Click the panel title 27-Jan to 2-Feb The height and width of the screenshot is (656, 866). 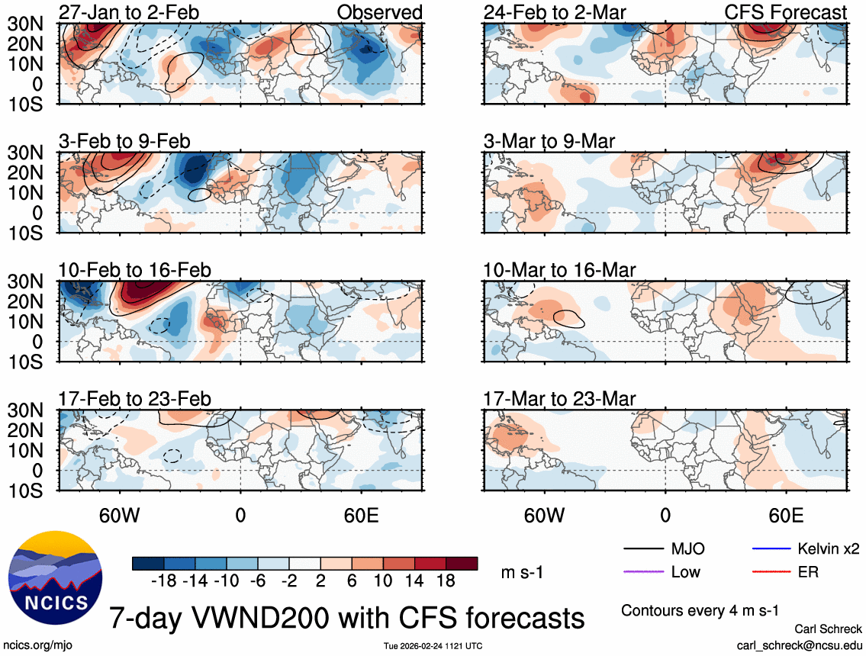pyautogui.click(x=124, y=12)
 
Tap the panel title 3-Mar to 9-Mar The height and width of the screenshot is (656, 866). pyautogui.click(x=549, y=141)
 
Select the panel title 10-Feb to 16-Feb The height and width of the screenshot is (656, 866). pyautogui.click(x=135, y=270)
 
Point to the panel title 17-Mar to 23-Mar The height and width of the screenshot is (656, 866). pyautogui.click(x=559, y=399)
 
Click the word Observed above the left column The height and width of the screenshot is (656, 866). pyautogui.click(x=379, y=12)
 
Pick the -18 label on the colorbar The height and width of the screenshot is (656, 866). pyautogui.click(x=163, y=581)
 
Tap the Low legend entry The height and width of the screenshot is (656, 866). pyautogui.click(x=684, y=571)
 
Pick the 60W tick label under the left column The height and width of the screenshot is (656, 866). pyautogui.click(x=120, y=515)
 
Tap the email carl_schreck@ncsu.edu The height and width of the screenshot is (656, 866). pyautogui.click(x=799, y=645)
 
